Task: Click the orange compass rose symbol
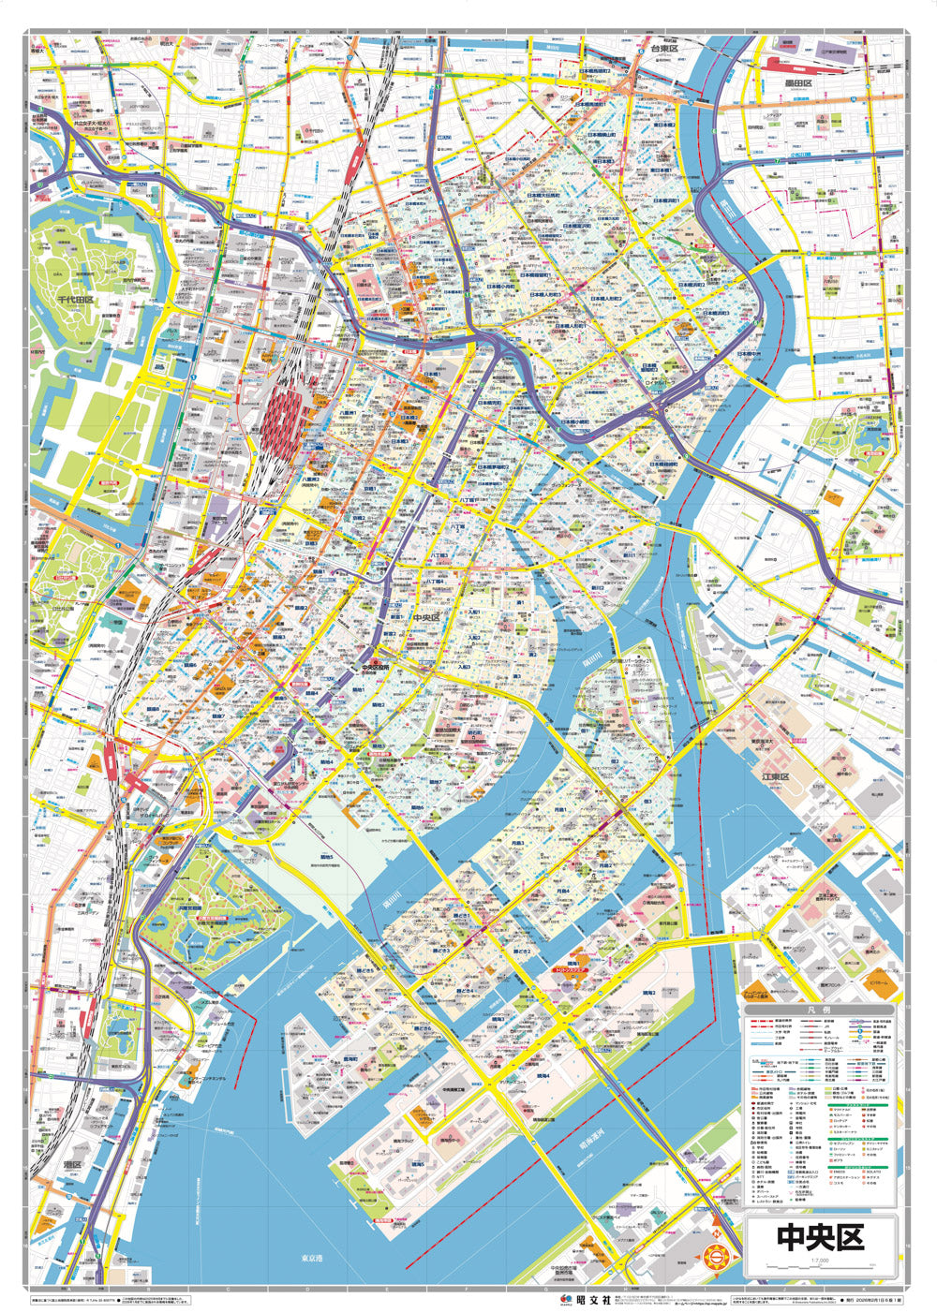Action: (x=714, y=1256)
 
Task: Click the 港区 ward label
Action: (x=71, y=1163)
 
